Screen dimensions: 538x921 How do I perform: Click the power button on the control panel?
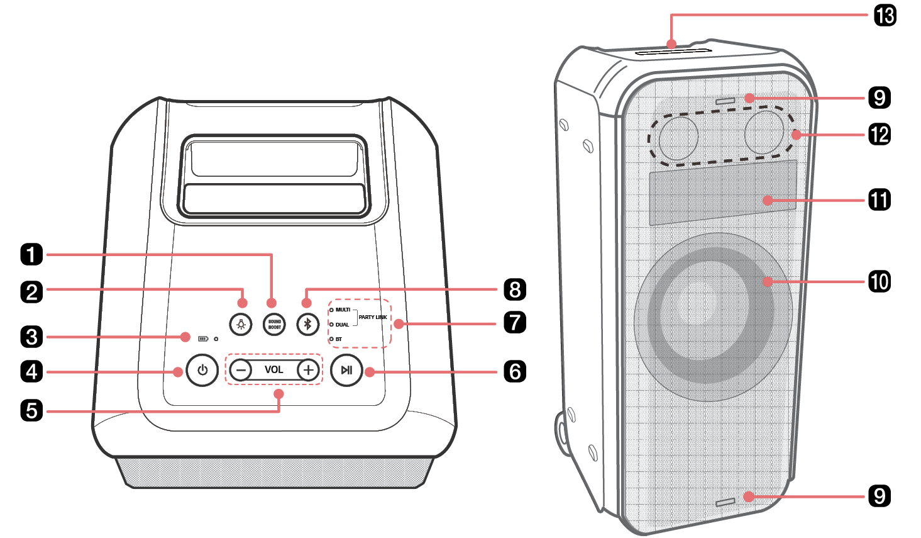coord(202,370)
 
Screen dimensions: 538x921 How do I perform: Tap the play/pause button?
coord(346,370)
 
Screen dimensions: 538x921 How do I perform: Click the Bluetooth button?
coord(307,324)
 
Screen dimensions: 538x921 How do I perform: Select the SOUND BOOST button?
coord(275,324)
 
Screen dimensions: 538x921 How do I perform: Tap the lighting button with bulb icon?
coord(241,324)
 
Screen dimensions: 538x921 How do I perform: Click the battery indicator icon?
coord(203,339)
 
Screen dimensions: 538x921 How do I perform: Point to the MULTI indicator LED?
coord(331,310)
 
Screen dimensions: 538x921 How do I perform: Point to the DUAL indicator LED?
coord(331,325)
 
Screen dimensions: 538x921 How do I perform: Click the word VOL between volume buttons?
coord(273,370)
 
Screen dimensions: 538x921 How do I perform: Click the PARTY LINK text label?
coord(373,317)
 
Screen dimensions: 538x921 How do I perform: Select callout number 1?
coord(31,255)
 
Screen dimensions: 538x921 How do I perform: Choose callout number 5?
coord(31,410)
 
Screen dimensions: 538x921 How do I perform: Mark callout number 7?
coord(515,322)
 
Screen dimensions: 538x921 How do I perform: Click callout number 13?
coord(885,15)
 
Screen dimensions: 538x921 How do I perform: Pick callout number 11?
coord(880,200)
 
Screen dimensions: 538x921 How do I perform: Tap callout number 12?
coord(880,134)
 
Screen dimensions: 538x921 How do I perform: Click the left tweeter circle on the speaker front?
coord(678,137)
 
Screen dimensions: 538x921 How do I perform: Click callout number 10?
coord(880,281)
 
